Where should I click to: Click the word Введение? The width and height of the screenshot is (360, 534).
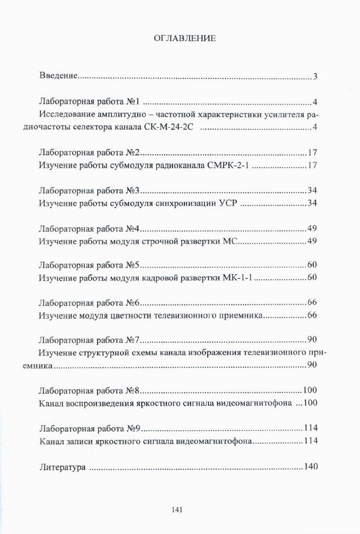tap(58, 76)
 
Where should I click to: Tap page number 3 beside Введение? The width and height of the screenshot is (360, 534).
tap(315, 76)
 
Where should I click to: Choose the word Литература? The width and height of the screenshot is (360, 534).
tap(61, 467)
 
